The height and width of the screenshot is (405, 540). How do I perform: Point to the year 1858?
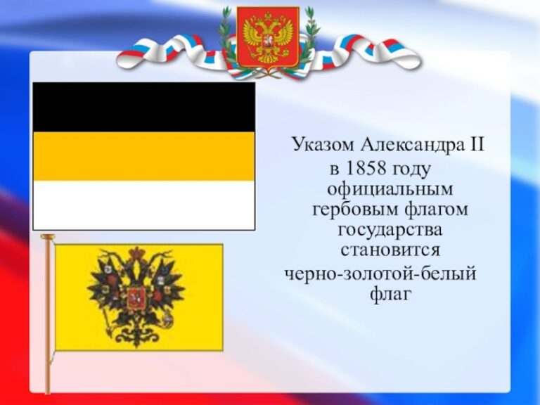[365, 169]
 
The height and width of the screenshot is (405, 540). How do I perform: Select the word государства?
[390, 231]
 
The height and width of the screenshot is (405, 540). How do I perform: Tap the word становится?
[390, 250]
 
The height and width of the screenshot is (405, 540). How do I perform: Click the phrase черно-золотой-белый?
[380, 274]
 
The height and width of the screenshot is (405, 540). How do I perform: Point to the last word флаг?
[391, 295]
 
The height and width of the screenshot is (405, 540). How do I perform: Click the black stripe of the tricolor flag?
[144, 107]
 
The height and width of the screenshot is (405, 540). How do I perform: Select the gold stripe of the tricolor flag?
[144, 156]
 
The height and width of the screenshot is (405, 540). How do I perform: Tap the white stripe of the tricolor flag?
[144, 205]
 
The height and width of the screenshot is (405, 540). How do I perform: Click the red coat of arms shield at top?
[268, 37]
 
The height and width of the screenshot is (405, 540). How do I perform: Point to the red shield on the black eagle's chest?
[133, 298]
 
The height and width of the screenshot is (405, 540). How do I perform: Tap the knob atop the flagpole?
[48, 236]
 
